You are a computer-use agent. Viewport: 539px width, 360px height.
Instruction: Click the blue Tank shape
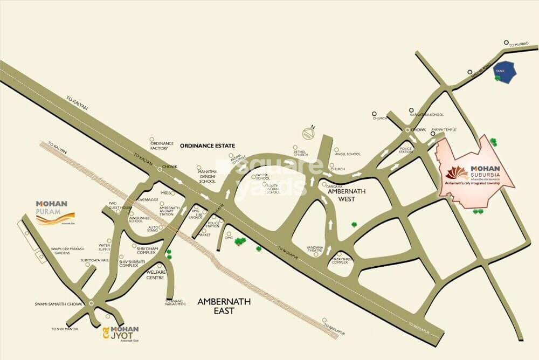coord(506,72)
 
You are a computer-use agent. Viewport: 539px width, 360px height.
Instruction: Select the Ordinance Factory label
coord(161,146)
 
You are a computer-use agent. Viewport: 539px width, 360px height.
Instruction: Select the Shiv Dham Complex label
coord(146,250)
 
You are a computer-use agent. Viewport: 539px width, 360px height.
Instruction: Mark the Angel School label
coord(348,154)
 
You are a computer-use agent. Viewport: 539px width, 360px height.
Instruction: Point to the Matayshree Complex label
coord(342,261)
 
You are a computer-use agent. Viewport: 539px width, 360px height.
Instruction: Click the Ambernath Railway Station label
coord(170,211)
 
